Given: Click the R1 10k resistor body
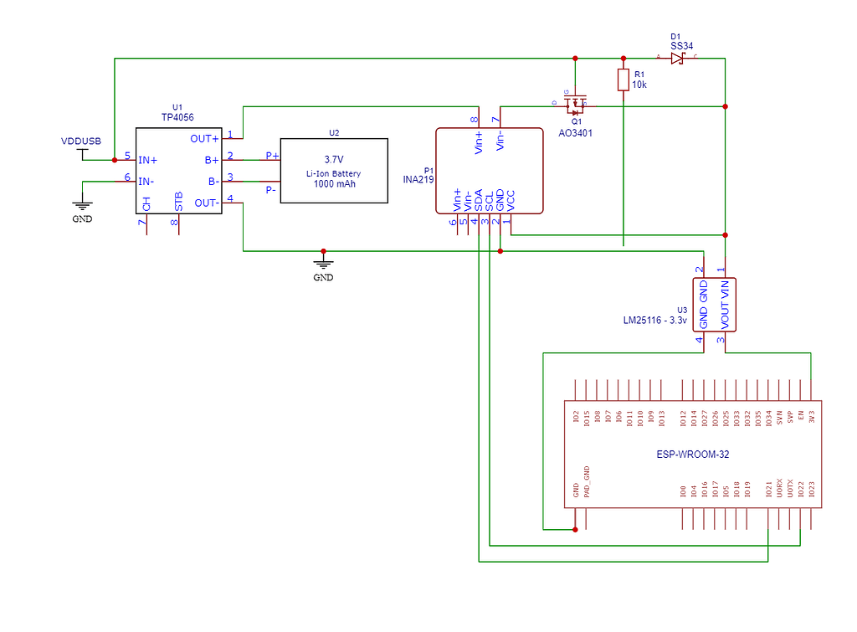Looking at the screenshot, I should pos(624,80).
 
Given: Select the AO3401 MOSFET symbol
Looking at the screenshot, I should pos(576,106).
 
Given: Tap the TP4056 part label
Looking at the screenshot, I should pos(177,119).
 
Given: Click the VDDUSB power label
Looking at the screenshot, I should pos(81,141).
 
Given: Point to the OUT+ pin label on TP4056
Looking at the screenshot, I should pos(205,139).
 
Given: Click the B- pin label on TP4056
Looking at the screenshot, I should pos(212,180).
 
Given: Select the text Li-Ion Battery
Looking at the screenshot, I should pos(334,173).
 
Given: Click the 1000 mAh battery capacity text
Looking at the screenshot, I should pos(334,184).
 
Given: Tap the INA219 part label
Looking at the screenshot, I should pos(418,179).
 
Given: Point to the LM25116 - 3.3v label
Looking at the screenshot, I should pos(655,321).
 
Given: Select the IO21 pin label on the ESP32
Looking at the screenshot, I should pos(769,490).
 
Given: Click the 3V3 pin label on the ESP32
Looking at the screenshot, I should pos(812,415).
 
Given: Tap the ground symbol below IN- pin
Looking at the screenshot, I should pos(81,207).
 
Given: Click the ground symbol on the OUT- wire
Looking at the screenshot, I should pos(323,265).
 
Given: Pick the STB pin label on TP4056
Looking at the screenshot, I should pos(178,201).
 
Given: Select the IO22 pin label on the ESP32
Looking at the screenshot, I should pos(801,490).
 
